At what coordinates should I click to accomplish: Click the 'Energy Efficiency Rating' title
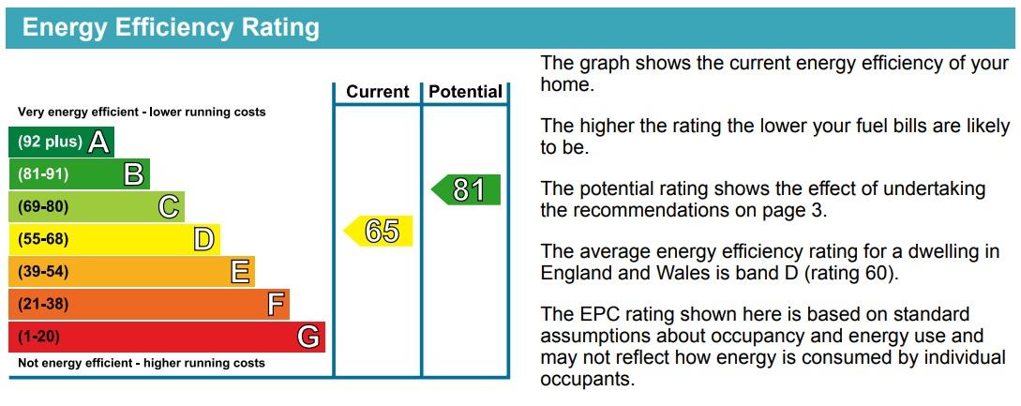tap(171, 28)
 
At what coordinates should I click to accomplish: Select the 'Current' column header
tap(378, 92)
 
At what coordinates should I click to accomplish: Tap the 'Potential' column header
tap(466, 92)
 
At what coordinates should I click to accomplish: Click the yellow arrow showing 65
tap(378, 232)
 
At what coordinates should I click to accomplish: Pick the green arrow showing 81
tap(466, 190)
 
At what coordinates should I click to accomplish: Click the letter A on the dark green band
tap(99, 143)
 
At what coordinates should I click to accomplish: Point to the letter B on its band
tap(134, 174)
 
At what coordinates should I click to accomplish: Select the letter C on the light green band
tap(169, 207)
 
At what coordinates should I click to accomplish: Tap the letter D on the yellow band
tap(203, 240)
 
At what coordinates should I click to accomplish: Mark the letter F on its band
tap(276, 305)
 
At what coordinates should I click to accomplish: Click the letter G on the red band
tap(308, 338)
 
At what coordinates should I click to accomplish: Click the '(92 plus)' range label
tap(50, 143)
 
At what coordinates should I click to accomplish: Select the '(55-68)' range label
tap(43, 240)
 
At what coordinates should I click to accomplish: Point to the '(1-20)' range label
tap(39, 338)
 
